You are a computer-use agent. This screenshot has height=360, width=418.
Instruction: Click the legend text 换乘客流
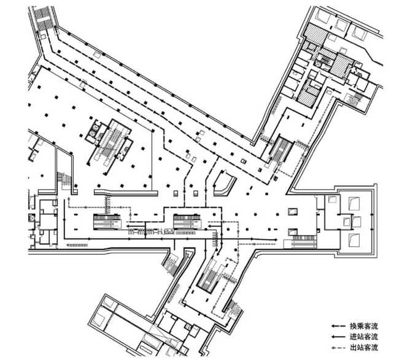tap(365, 326)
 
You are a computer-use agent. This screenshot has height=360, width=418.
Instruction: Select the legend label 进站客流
tap(365, 337)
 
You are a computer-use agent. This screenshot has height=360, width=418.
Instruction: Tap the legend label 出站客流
tap(365, 348)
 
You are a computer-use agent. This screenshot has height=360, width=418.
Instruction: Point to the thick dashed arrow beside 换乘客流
tap(338, 326)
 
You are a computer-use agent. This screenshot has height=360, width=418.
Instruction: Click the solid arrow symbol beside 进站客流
tap(338, 337)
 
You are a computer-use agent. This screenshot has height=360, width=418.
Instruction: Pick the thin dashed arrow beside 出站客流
tap(338, 348)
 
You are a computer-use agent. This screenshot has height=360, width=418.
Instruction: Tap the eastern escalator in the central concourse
tap(186, 220)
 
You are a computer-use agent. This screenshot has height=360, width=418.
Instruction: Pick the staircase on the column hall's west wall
tap(64, 179)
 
